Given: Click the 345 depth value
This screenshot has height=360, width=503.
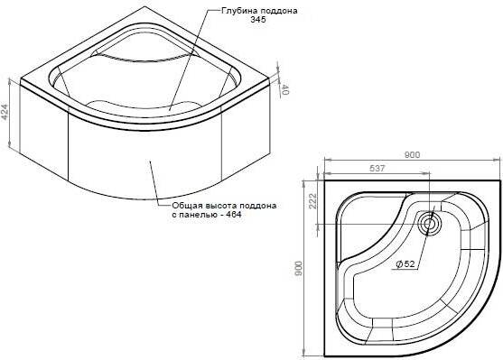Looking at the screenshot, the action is click(258, 20).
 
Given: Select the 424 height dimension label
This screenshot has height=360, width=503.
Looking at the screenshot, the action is click(5, 112).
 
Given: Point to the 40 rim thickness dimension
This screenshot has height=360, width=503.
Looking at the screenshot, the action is click(284, 90).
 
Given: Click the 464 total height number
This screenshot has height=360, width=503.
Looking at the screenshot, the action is click(234, 214).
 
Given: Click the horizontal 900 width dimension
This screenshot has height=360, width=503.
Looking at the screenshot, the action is click(412, 155).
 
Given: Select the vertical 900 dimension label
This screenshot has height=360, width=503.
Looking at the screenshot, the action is click(298, 269).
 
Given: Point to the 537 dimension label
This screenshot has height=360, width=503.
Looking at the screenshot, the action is click(377, 168).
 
